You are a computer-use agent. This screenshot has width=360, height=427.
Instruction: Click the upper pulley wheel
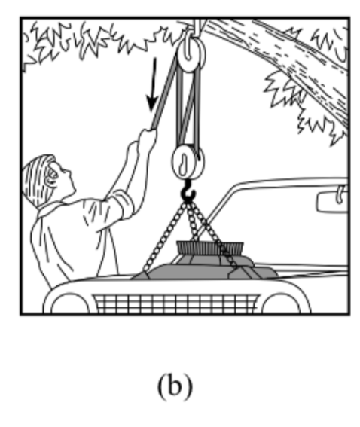coord(191,54)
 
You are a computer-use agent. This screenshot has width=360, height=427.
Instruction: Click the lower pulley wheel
coord(188,162)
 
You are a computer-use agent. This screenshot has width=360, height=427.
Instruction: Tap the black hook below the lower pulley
coord(188,191)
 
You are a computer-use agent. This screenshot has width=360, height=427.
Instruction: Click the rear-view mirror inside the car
coord(332,202)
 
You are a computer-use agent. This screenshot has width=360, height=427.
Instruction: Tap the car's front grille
coord(175,303)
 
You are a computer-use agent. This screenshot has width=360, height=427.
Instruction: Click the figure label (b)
coord(175,386)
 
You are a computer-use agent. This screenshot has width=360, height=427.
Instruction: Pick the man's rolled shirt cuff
coord(124,204)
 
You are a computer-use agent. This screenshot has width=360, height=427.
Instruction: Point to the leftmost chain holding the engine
coord(164,237)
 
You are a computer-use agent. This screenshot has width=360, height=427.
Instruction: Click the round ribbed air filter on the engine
coord(210,249)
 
